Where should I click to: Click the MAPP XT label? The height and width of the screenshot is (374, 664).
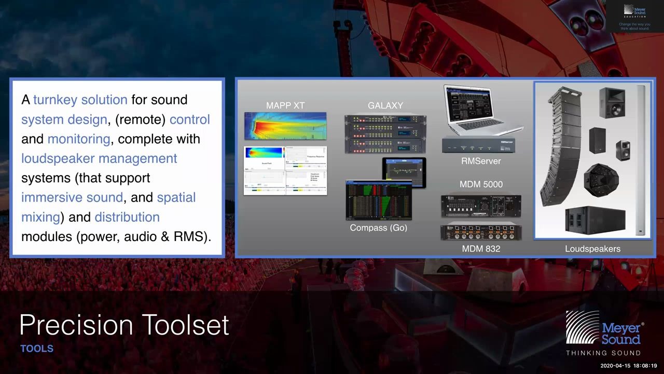[x=285, y=105]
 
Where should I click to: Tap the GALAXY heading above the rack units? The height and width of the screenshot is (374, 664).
[x=385, y=105]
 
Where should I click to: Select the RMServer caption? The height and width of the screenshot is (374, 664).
[x=481, y=161]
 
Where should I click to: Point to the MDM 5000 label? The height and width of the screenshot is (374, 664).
[x=481, y=184]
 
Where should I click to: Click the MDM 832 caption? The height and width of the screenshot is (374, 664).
[x=481, y=249]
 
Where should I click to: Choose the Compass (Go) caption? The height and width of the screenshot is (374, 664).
[x=378, y=228]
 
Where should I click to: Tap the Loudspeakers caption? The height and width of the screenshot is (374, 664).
[x=592, y=249]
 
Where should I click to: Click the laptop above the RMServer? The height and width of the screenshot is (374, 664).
[x=480, y=109]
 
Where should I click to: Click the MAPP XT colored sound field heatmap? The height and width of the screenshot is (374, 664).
[x=285, y=126]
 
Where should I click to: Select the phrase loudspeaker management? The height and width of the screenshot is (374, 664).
[x=99, y=158]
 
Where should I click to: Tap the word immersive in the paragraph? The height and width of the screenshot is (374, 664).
[x=50, y=197]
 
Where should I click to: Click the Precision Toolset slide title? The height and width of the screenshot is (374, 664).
[x=124, y=325]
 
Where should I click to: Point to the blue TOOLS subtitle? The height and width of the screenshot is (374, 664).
[x=37, y=349]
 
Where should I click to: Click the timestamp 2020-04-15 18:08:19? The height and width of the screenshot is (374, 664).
[x=628, y=366]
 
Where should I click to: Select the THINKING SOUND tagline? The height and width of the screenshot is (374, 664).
[x=603, y=353]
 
